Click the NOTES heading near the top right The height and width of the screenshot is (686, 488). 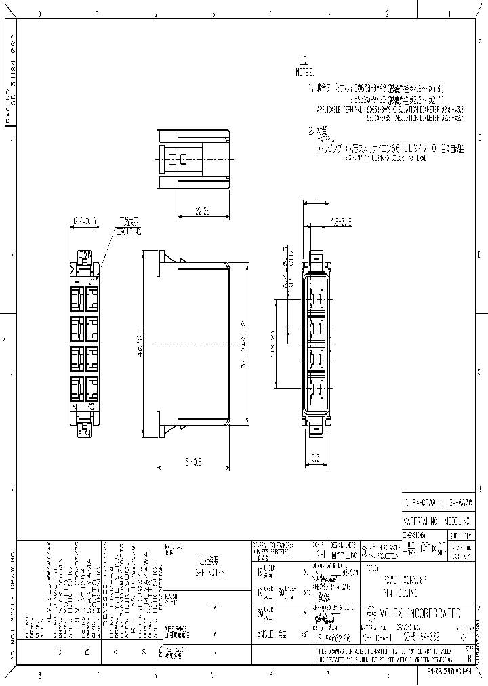click(x=304, y=71)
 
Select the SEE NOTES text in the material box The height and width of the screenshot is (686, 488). click(x=204, y=572)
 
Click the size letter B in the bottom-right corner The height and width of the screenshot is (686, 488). click(x=471, y=657)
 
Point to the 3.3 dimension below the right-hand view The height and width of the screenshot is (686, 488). click(x=316, y=459)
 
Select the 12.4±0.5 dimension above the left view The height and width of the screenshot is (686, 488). click(x=85, y=221)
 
